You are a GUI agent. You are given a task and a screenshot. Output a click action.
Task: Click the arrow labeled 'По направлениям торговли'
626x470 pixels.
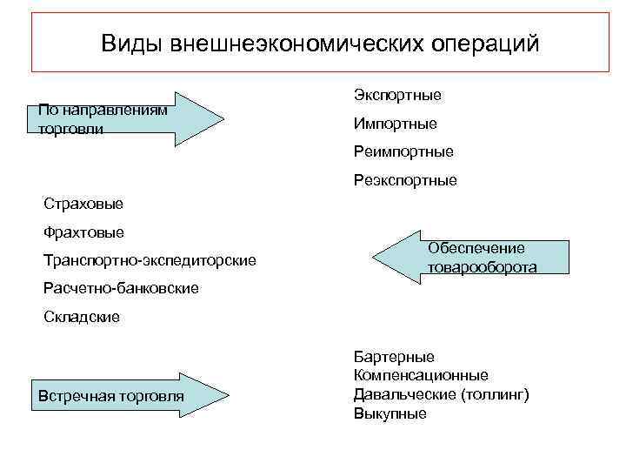click(130, 118)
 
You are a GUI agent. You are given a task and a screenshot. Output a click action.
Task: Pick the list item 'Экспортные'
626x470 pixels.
click(397, 93)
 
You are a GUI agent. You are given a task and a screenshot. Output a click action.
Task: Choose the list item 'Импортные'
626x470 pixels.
click(395, 124)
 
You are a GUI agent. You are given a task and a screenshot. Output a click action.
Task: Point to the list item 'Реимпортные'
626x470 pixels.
click(403, 152)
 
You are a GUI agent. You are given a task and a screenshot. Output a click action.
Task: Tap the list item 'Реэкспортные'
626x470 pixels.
click(405, 181)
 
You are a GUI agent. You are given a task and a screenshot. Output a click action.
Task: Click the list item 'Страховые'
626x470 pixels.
click(83, 205)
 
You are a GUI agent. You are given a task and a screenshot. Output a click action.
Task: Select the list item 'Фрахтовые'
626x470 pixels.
click(83, 232)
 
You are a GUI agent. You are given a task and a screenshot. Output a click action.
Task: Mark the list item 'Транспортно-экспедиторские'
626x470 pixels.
click(150, 260)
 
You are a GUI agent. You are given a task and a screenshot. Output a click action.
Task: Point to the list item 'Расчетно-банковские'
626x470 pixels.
click(121, 288)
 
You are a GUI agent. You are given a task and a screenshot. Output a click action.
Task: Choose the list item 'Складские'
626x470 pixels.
click(82, 317)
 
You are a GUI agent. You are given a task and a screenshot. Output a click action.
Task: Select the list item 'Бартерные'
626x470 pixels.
click(394, 357)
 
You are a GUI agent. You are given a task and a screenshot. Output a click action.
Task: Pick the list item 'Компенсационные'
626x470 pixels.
click(421, 375)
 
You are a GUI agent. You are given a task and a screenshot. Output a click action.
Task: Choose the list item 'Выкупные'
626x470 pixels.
click(390, 413)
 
